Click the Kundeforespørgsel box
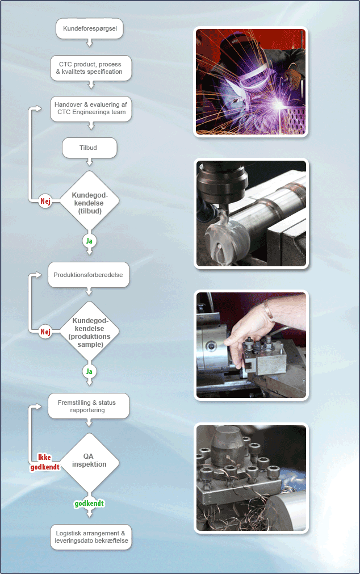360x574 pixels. [x=89, y=28]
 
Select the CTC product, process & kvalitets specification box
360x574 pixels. [x=91, y=68]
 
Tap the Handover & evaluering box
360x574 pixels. [x=91, y=108]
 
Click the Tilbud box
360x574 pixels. [x=89, y=148]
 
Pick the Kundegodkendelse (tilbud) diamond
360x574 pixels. [x=89, y=200]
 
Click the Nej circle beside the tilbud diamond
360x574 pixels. [x=45, y=201]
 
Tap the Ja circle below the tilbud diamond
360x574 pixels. [x=89, y=241]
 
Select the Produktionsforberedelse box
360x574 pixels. [x=89, y=275]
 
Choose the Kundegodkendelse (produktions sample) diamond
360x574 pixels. [x=89, y=332]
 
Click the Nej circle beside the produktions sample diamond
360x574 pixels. [x=45, y=332]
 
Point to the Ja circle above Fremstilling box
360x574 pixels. [x=89, y=371]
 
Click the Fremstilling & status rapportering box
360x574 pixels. [x=89, y=406]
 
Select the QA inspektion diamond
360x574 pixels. [x=89, y=463]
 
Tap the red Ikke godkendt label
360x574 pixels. [x=45, y=462]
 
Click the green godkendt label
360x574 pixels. [x=89, y=504]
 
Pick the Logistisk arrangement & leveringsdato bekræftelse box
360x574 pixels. [x=91, y=537]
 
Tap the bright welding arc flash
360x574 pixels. [x=279, y=106]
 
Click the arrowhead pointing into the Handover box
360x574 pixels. [x=39, y=108]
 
